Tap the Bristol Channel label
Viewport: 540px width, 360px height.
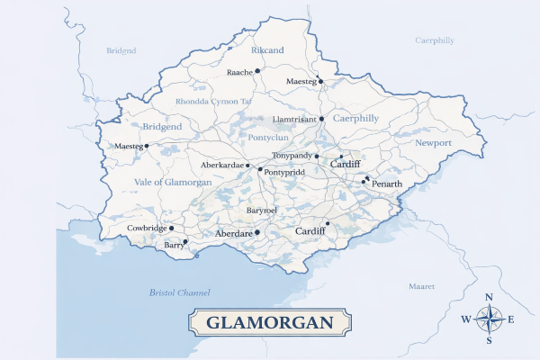pyautogui.click(x=179, y=293)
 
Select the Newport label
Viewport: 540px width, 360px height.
pyautogui.click(x=433, y=143)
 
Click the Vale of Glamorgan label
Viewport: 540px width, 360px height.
pyautogui.click(x=172, y=182)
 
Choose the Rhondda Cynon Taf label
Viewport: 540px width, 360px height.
pyautogui.click(x=213, y=102)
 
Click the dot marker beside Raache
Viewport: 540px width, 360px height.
pyautogui.click(x=257, y=70)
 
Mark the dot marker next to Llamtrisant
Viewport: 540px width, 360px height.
pyautogui.click(x=322, y=118)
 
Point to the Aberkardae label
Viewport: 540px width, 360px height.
pyautogui.click(x=221, y=166)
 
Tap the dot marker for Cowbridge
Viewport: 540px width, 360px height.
pyautogui.click(x=172, y=229)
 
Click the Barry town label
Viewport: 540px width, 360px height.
pyautogui.click(x=172, y=245)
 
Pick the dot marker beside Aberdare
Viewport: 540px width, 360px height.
pyautogui.click(x=257, y=232)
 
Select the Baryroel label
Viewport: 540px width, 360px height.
pyautogui.click(x=261, y=210)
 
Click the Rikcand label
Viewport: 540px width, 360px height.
pyautogui.click(x=267, y=50)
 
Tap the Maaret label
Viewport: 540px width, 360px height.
pyautogui.click(x=421, y=285)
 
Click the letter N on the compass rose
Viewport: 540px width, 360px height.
pyautogui.click(x=489, y=298)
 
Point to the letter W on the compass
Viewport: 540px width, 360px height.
pyautogui.click(x=465, y=319)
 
